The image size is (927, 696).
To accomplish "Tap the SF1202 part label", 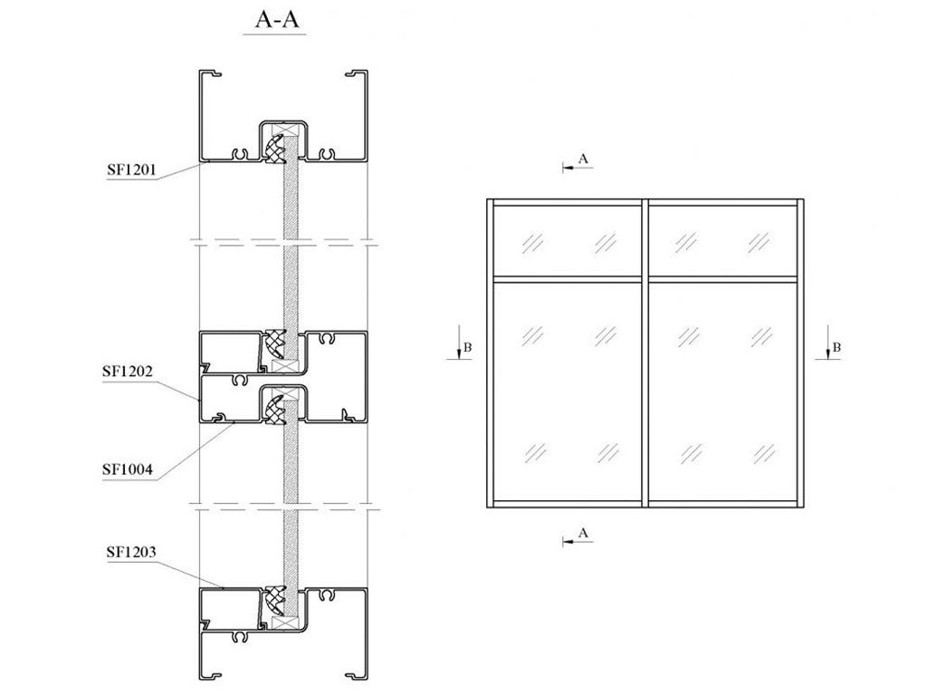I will click(128, 372).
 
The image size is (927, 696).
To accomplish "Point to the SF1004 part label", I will click(128, 469).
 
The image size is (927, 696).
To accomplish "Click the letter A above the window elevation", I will click(584, 159).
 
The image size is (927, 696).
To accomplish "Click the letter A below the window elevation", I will click(584, 533).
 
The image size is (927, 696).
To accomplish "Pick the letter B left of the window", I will click(468, 347).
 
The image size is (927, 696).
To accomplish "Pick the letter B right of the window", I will click(837, 347).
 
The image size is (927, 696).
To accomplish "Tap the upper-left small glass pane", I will click(567, 241).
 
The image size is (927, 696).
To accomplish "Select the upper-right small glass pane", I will click(722, 241).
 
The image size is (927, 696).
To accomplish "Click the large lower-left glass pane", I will click(567, 391).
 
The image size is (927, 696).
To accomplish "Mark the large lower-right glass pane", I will click(722, 391).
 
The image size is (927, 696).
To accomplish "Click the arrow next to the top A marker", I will click(568, 167).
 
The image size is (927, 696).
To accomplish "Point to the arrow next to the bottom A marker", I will click(568, 541).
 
